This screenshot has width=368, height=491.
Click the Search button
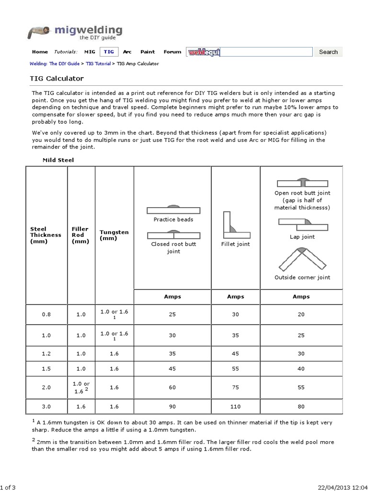point(328,52)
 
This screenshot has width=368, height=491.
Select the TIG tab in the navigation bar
point(109,52)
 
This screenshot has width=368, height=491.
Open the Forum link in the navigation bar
point(172,52)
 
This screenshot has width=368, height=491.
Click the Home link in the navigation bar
point(40,52)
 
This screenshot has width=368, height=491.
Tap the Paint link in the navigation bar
point(148,52)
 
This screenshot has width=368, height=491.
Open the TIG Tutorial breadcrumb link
point(98,63)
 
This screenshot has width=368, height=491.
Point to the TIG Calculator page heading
point(57,78)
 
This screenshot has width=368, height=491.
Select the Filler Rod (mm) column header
point(80,235)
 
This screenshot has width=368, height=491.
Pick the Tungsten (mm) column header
point(114,235)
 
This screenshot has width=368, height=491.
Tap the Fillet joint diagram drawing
point(235,225)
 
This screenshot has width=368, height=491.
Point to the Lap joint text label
point(302,237)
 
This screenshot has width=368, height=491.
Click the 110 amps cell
point(235,406)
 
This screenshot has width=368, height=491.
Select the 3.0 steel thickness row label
point(46,406)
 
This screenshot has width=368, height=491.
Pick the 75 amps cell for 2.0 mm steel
point(235,387)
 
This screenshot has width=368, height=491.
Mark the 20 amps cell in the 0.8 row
point(301,314)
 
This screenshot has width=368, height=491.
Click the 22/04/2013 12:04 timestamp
point(342,487)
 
